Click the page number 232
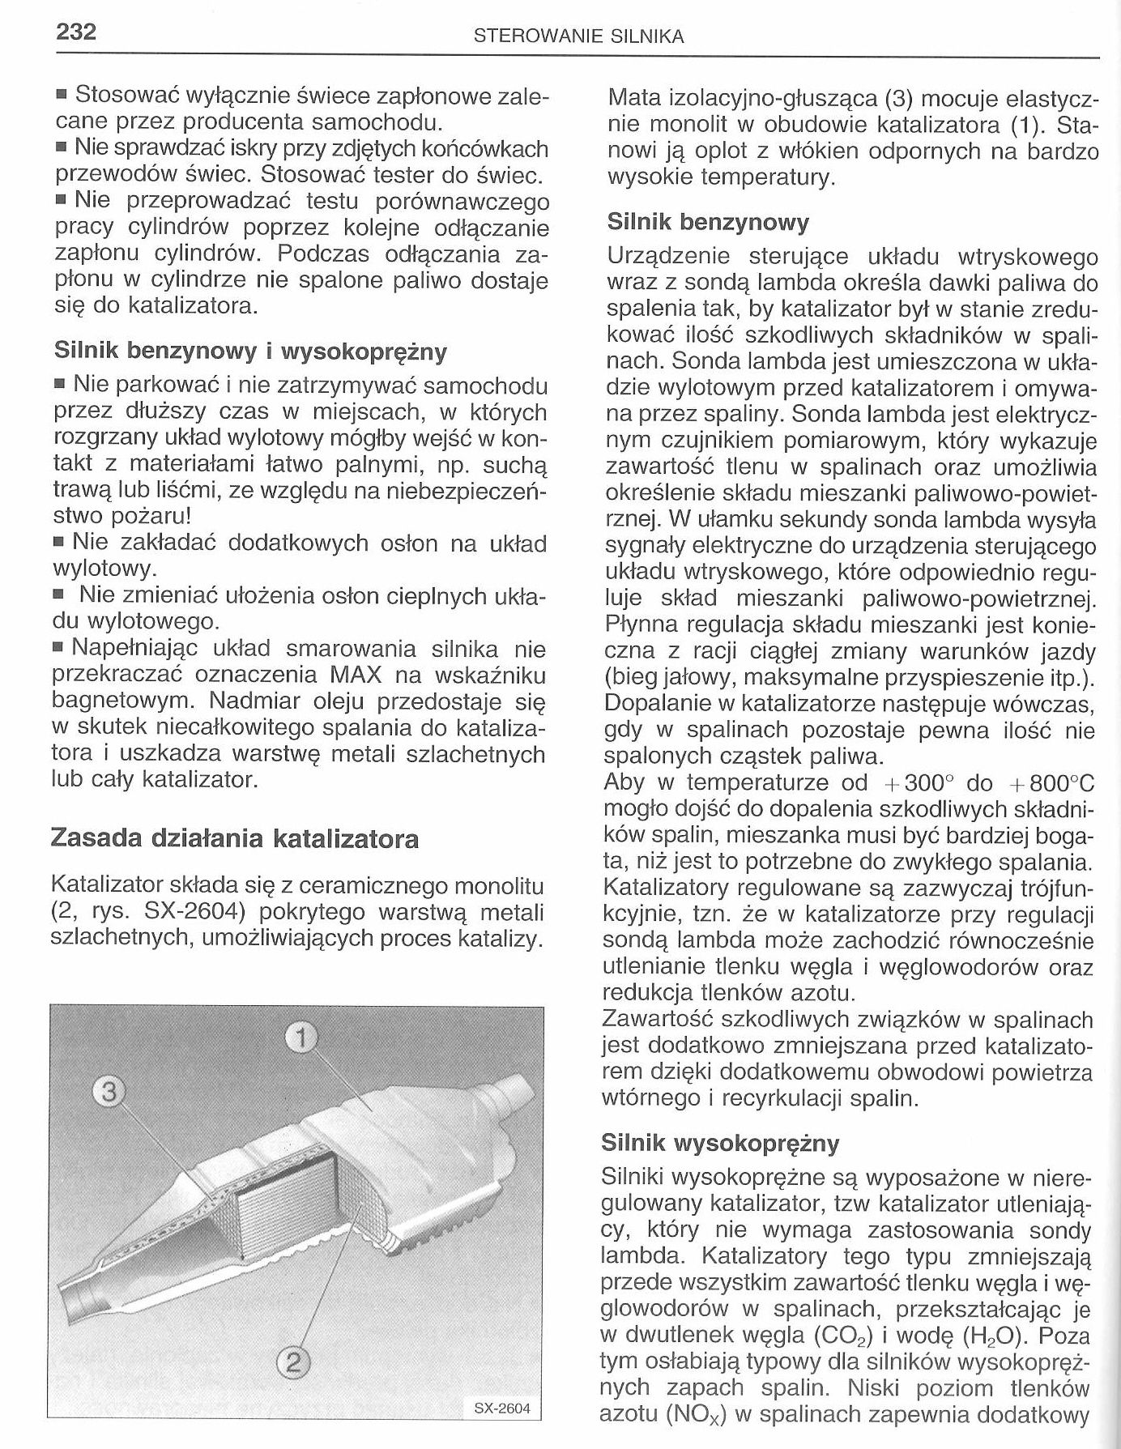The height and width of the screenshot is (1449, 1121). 76,32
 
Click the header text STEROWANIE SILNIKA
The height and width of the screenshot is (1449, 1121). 579,36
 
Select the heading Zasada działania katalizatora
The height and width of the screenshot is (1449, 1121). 234,837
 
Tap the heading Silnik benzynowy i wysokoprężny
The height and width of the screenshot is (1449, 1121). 250,352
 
